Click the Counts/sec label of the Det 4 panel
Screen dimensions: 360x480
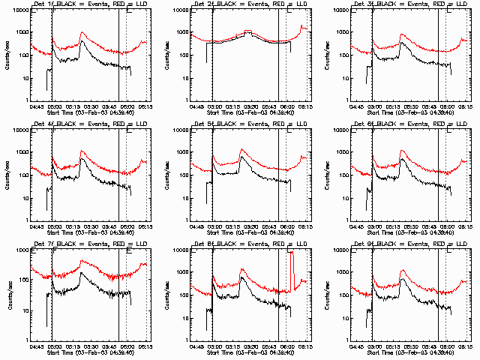[x=7, y=175]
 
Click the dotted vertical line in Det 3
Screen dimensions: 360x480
[x=445, y=52]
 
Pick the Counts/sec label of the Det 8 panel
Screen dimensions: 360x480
[x=168, y=295]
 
